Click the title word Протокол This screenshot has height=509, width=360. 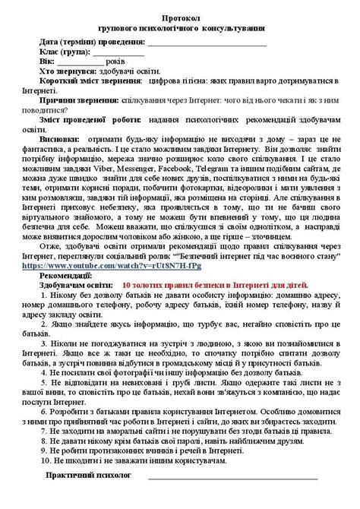point(181,16)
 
